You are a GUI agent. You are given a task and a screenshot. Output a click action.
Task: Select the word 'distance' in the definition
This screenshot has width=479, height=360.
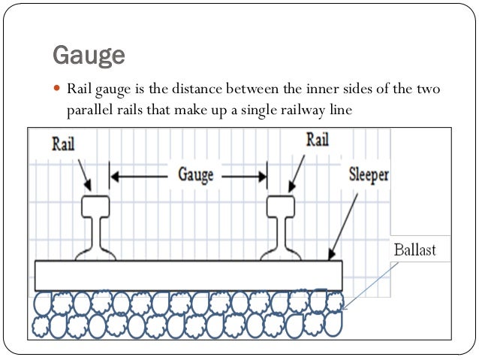197,90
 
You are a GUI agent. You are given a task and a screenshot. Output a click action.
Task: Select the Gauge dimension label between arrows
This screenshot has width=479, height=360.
195,174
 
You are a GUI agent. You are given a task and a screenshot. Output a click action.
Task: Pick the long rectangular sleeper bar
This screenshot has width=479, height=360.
188,275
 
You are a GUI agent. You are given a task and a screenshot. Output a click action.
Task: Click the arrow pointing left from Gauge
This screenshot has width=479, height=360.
139,177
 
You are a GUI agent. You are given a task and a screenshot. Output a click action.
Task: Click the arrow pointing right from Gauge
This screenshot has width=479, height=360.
244,177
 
